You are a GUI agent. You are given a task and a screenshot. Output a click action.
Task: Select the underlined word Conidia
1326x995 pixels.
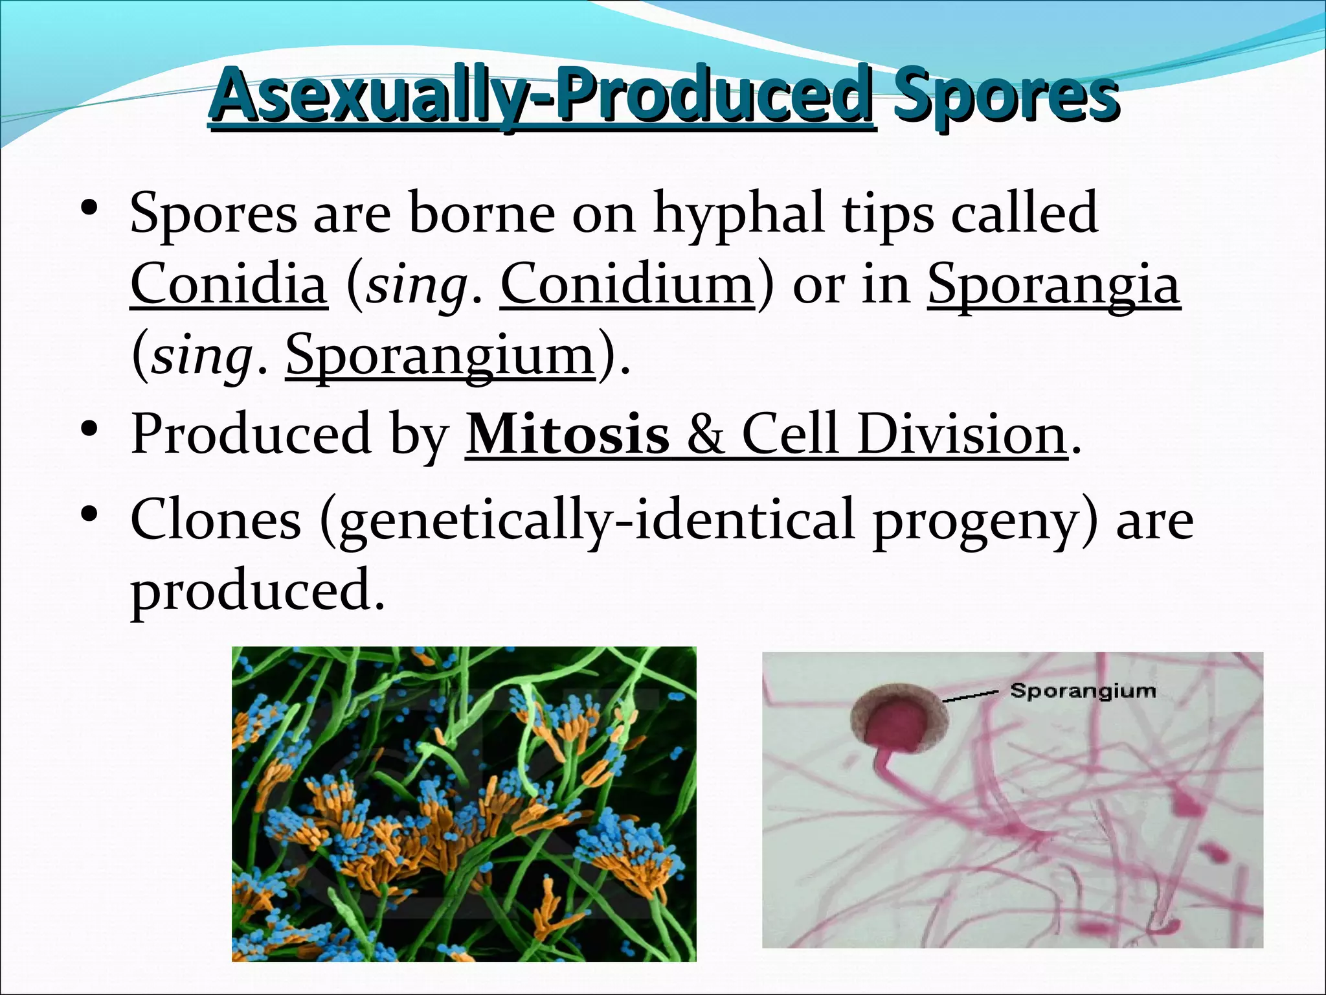click(229, 284)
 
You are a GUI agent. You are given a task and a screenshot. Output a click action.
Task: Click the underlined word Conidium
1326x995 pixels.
click(627, 284)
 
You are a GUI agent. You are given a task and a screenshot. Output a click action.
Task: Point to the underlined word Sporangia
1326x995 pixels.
click(1054, 284)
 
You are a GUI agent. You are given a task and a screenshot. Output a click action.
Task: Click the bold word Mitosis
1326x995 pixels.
click(567, 435)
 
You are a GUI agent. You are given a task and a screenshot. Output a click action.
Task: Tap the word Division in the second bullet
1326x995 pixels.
click(962, 435)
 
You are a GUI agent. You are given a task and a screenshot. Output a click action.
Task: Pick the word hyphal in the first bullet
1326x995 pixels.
click(739, 213)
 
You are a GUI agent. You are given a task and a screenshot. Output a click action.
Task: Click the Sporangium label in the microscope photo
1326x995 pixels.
click(1083, 691)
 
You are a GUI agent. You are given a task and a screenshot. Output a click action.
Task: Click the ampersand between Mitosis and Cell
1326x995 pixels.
click(705, 435)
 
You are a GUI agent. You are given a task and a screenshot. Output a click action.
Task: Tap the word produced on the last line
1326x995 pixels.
click(257, 591)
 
